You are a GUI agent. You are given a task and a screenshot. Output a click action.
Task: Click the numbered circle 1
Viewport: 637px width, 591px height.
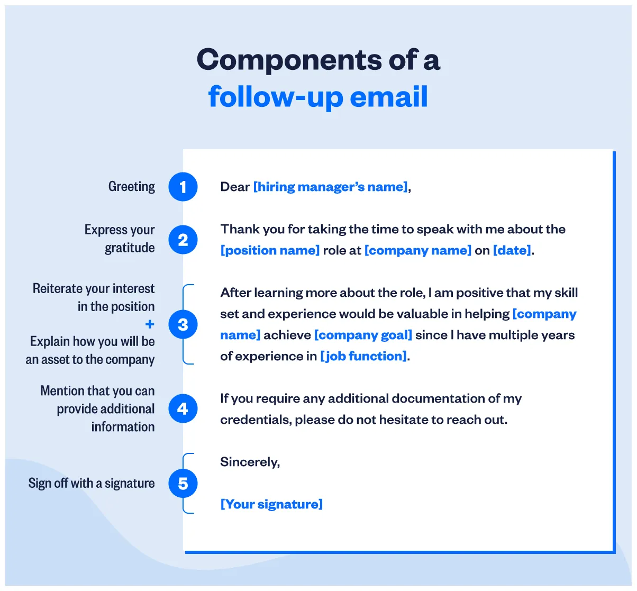pyautogui.click(x=183, y=187)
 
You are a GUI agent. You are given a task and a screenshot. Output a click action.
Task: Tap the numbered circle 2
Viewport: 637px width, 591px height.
pyautogui.click(x=183, y=240)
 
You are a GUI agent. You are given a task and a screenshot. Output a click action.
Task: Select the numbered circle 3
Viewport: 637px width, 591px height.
pyautogui.click(x=183, y=324)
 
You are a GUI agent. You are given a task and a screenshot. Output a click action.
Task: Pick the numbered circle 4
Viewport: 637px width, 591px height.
pyautogui.click(x=183, y=408)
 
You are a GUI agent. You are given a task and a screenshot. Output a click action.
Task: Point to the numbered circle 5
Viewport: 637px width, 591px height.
pyautogui.click(x=183, y=483)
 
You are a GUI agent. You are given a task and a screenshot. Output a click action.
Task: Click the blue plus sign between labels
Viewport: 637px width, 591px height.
pyautogui.click(x=150, y=324)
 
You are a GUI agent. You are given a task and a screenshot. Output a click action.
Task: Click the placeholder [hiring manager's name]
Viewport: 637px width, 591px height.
pyautogui.click(x=331, y=187)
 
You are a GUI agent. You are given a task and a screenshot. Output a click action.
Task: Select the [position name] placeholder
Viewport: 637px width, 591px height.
pyautogui.click(x=270, y=250)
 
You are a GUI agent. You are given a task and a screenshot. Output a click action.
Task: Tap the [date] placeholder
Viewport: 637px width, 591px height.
pyautogui.click(x=512, y=250)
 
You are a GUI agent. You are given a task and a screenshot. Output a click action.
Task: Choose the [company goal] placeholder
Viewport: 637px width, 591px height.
pyautogui.click(x=363, y=335)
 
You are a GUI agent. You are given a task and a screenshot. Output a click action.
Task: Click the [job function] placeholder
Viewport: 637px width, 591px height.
pyautogui.click(x=364, y=356)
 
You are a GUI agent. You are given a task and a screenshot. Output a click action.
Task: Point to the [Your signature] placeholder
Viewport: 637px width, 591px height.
pyautogui.click(x=271, y=504)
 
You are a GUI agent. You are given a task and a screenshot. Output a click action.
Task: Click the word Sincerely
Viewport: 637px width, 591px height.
pyautogui.click(x=249, y=462)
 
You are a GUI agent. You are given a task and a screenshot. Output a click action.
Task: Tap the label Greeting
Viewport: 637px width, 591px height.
pyautogui.click(x=132, y=187)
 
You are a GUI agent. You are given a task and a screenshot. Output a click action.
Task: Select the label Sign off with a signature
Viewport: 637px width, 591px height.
pyautogui.click(x=92, y=483)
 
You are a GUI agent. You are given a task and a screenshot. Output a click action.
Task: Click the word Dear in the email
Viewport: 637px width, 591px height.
pyautogui.click(x=235, y=187)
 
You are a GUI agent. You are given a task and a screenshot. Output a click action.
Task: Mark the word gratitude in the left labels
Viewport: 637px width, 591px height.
pyautogui.click(x=130, y=248)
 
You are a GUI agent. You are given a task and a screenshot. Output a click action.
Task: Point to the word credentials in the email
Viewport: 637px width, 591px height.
pyautogui.click(x=255, y=420)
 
